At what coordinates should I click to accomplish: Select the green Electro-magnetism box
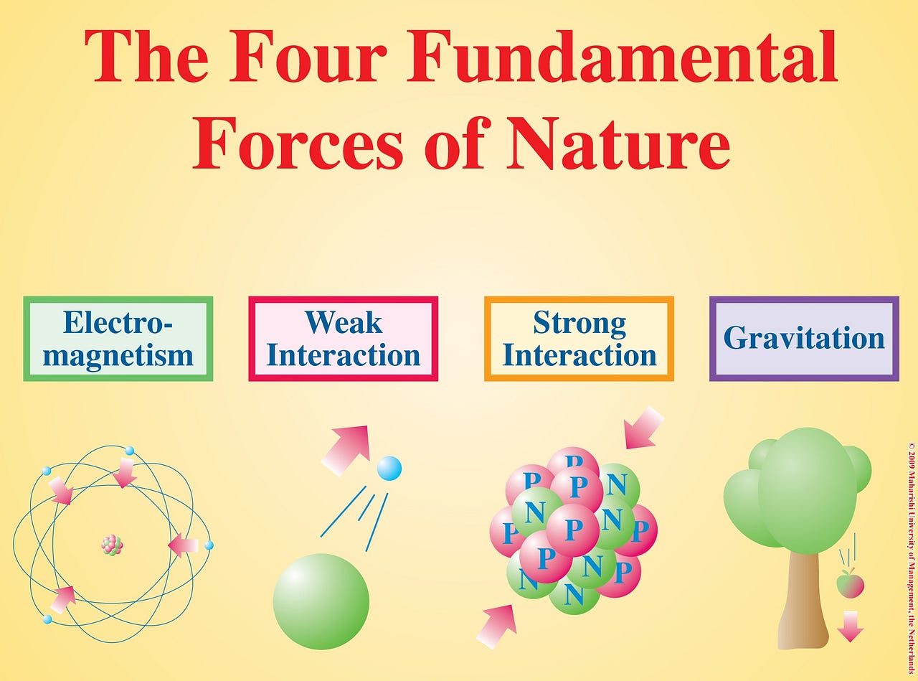pos(118,339)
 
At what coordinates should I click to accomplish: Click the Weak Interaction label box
pos(343,339)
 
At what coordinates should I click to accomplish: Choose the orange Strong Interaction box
pos(579,339)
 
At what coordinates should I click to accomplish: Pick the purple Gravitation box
pos(804,339)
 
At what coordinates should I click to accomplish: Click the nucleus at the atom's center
pos(112,545)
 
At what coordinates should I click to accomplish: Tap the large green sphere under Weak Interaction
pos(321,601)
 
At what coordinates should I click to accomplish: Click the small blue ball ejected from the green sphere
pos(389,468)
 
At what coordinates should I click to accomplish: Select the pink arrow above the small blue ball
pos(346,448)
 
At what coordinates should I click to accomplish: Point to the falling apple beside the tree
pos(851,584)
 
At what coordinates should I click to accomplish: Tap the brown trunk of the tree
pos(803,603)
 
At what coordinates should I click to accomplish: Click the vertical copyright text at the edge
pos(912,556)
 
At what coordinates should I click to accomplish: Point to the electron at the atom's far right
pos(209,545)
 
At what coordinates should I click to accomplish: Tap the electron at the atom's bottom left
pos(47,619)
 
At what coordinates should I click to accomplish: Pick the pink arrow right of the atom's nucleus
pos(183,546)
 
